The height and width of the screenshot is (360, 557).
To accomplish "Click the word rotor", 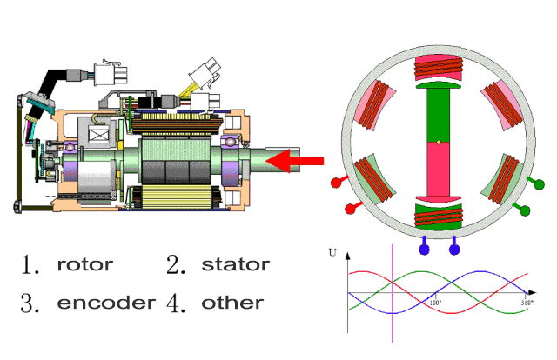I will (84, 264).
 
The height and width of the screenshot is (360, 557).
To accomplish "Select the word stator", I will (235, 264).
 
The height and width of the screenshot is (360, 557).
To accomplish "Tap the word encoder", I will (106, 303).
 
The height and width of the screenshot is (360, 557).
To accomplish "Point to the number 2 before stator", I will (177, 264).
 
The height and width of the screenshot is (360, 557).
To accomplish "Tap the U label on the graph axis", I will (332, 253).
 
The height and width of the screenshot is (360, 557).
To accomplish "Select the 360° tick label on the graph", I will (527, 303).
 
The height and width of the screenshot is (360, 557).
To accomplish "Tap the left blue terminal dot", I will (425, 250).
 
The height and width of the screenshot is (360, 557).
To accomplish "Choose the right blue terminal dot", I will (454, 250).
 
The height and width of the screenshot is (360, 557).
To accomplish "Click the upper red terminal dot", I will (337, 183).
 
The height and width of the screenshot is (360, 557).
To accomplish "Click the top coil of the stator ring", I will (440, 68).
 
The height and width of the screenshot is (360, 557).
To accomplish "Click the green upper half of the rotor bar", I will (440, 113).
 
